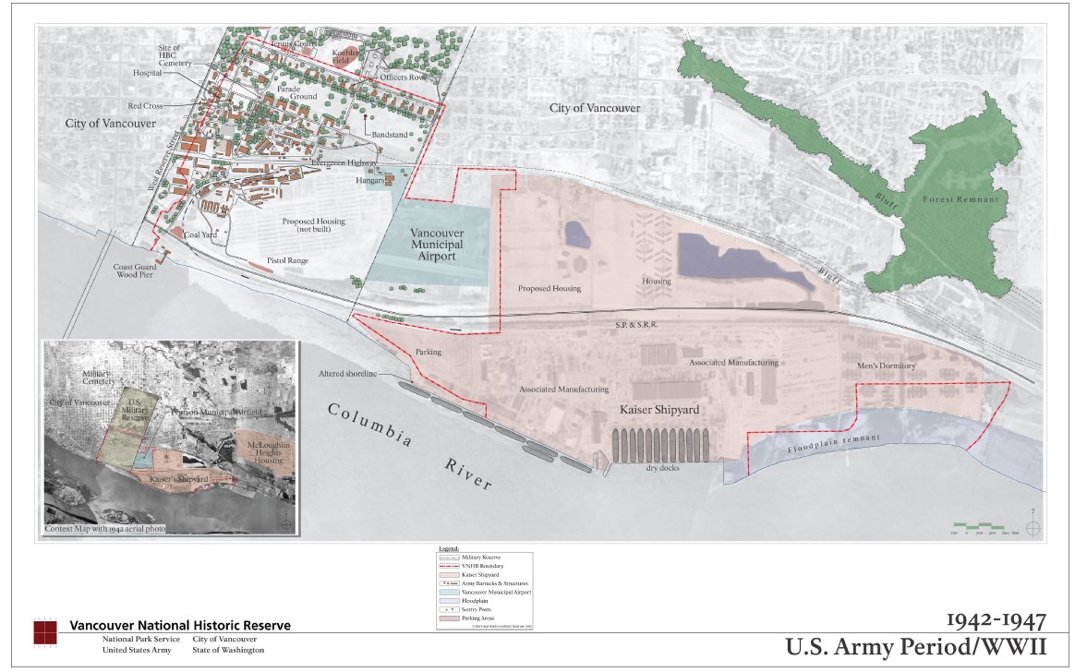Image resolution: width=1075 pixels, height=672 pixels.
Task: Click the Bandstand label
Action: point(389,135)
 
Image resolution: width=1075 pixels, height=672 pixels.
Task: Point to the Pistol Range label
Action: point(286,261)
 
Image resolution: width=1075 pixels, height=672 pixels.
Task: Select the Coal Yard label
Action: point(202,234)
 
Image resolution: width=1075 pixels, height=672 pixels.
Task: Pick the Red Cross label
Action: point(145,106)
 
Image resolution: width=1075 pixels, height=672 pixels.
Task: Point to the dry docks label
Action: point(664,467)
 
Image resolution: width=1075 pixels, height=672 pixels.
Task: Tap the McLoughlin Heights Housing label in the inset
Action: point(263,451)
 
